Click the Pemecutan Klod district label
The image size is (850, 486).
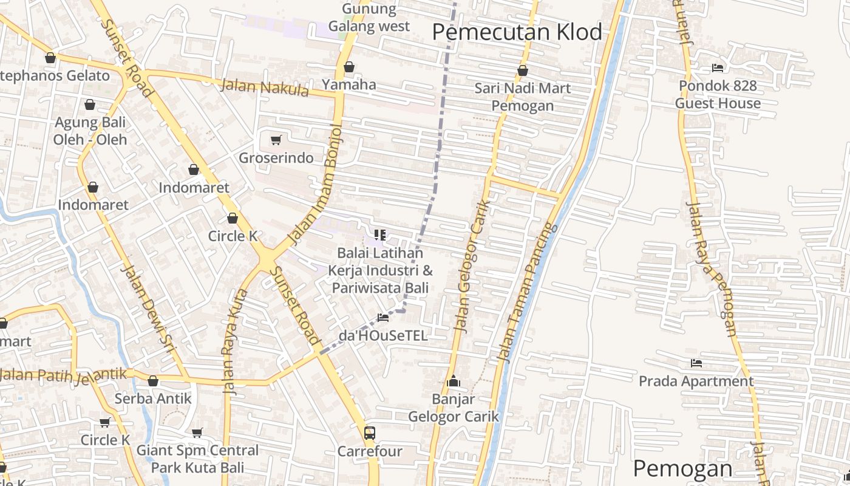517,32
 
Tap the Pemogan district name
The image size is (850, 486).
682,468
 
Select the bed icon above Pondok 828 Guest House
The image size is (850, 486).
718,68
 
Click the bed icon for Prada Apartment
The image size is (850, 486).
696,363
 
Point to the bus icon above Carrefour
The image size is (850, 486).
369,433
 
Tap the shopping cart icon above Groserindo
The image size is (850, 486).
276,140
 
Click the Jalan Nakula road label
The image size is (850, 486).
264,87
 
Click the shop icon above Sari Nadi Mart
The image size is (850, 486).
522,71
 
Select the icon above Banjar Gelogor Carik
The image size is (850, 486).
453,382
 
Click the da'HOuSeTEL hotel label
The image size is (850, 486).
382,335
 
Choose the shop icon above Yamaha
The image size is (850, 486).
348,67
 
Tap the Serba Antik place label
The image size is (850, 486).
153,399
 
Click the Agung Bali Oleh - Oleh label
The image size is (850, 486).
90,131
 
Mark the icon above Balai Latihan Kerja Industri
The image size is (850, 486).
380,234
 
